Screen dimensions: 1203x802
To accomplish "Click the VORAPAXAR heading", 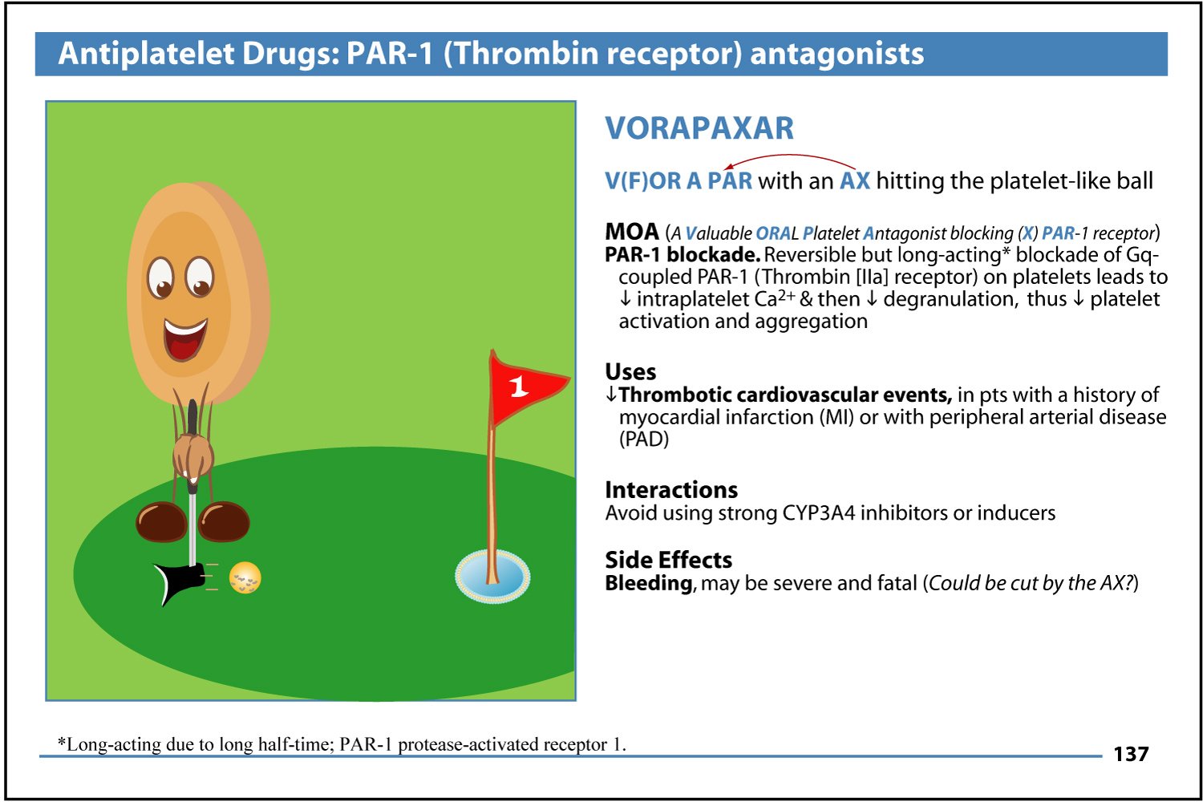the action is (x=699, y=128).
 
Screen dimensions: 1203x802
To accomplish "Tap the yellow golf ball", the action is (x=245, y=577).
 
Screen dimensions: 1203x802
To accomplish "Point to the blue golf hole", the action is (x=492, y=577).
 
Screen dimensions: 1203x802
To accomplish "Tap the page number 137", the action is (x=1131, y=754).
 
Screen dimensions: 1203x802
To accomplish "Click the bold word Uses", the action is (x=630, y=371).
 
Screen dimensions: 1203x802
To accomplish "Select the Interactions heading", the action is (x=671, y=490).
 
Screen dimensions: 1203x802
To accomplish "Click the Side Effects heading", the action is (x=669, y=560).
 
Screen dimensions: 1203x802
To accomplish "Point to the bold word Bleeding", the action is (x=649, y=583).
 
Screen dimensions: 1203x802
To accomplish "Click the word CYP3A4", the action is (x=818, y=513).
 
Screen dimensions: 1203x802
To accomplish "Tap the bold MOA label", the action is (x=632, y=232).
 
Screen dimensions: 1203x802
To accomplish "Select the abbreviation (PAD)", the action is (x=644, y=439).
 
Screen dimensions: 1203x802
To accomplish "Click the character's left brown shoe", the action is (x=161, y=521).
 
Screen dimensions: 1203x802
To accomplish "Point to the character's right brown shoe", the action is (x=224, y=521).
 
